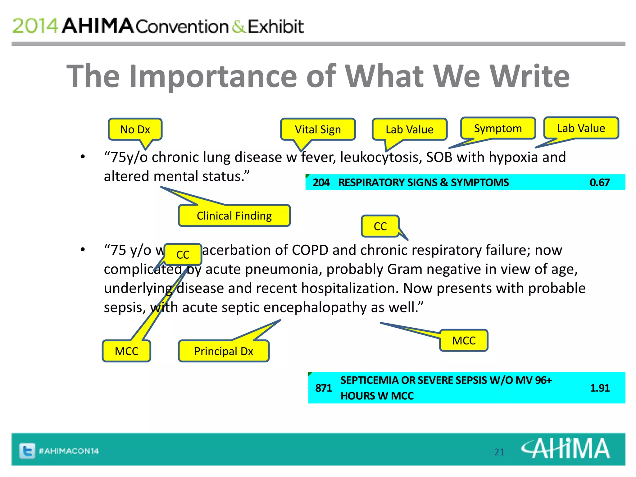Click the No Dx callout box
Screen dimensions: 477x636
[x=135, y=129]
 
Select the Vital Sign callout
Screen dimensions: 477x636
[x=318, y=129]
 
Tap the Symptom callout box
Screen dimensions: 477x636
[x=498, y=128]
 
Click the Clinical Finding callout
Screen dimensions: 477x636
[x=234, y=216]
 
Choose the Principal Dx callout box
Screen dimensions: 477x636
[x=224, y=351]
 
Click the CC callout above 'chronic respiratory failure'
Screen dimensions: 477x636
[x=380, y=226]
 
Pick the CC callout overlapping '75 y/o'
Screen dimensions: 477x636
[x=183, y=254]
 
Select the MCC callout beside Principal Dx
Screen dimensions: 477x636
[x=126, y=351]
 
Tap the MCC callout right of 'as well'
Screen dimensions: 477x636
[x=464, y=341]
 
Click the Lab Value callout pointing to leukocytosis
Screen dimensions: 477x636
[x=409, y=129]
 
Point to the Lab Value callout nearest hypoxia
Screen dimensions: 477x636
[x=581, y=128]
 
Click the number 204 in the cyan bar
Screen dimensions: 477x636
[x=321, y=182]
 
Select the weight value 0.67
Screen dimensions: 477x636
[x=599, y=182]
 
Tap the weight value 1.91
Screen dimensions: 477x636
[x=600, y=388]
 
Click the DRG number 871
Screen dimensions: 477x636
[x=323, y=388]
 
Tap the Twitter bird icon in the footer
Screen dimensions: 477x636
[x=27, y=451]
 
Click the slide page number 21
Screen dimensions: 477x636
[x=499, y=452]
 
